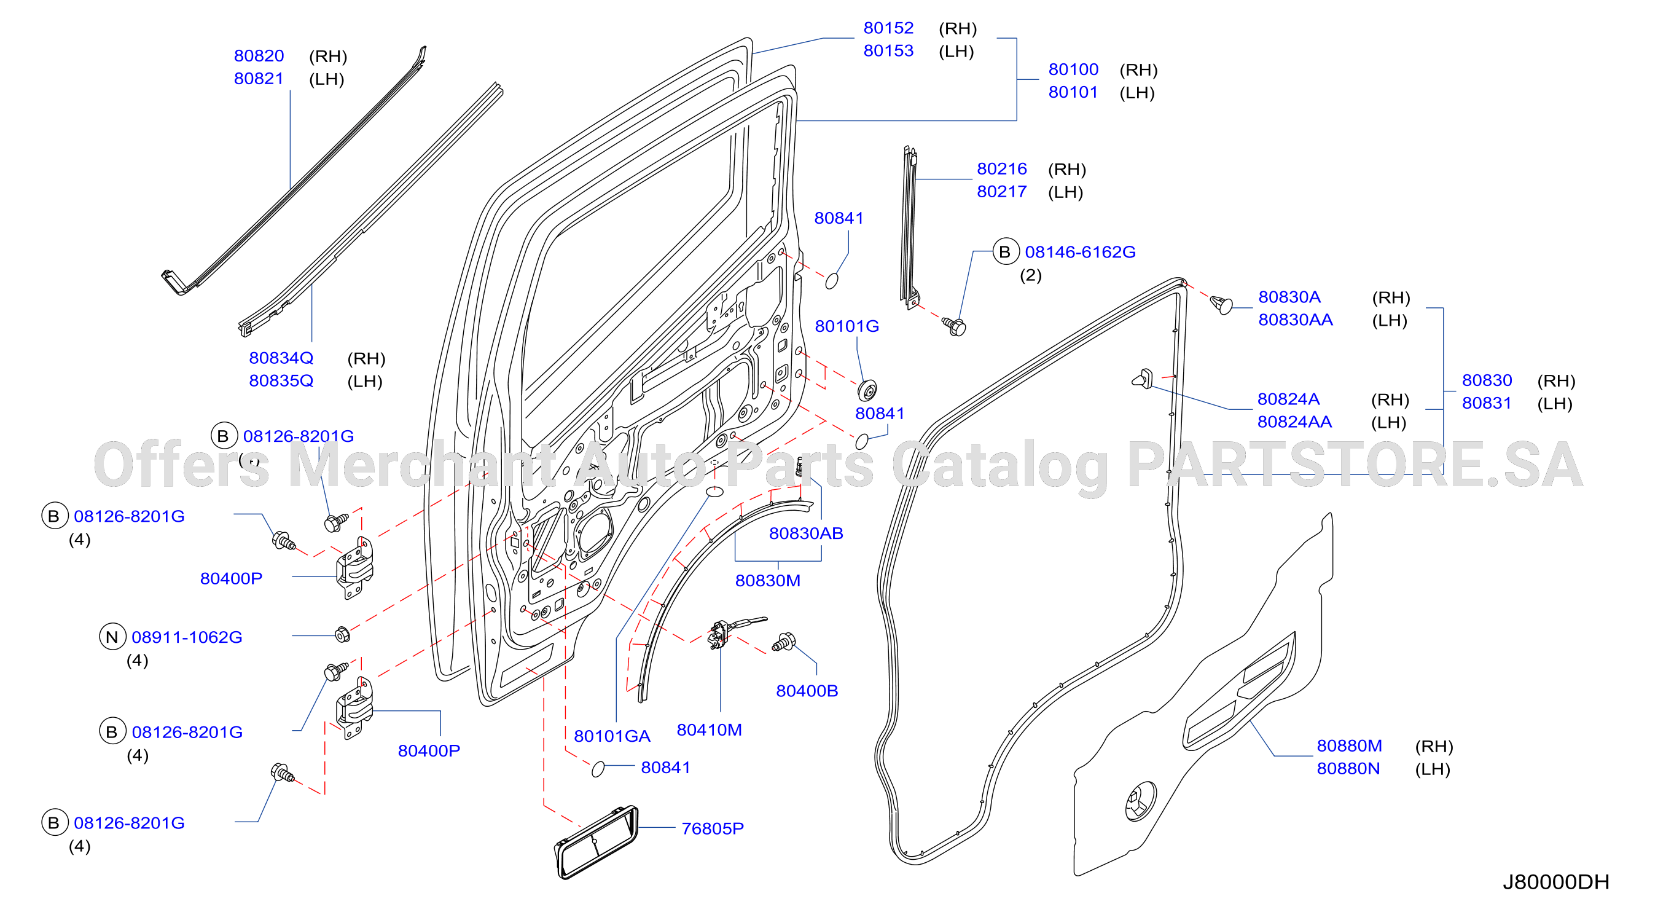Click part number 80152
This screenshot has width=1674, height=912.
pyautogui.click(x=888, y=28)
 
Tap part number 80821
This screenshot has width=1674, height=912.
pyautogui.click(x=259, y=79)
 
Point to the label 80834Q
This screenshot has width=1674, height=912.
pyautogui.click(x=281, y=358)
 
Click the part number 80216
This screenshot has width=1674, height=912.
pyautogui.click(x=1001, y=169)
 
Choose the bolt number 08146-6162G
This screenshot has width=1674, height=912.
pyautogui.click(x=1080, y=252)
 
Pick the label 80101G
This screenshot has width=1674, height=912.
pyautogui.click(x=847, y=326)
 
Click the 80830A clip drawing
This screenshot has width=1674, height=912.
pyautogui.click(x=1221, y=304)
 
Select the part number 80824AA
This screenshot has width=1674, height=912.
pyautogui.click(x=1294, y=422)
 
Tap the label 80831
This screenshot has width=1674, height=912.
pyautogui.click(x=1486, y=403)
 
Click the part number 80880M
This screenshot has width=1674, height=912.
pyautogui.click(x=1349, y=745)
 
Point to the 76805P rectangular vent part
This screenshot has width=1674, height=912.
pyautogui.click(x=596, y=843)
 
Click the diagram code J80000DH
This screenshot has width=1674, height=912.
pyautogui.click(x=1555, y=882)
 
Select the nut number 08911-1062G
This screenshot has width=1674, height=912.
pyautogui.click(x=187, y=637)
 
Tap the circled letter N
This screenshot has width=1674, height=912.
pyautogui.click(x=112, y=637)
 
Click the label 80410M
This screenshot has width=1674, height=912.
pyautogui.click(x=709, y=730)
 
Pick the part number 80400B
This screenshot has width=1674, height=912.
pyautogui.click(x=807, y=691)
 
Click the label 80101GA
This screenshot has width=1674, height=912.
pyautogui.click(x=611, y=736)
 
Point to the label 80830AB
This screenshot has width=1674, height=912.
pyautogui.click(x=806, y=533)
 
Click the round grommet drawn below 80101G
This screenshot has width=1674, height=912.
pyautogui.click(x=867, y=391)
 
